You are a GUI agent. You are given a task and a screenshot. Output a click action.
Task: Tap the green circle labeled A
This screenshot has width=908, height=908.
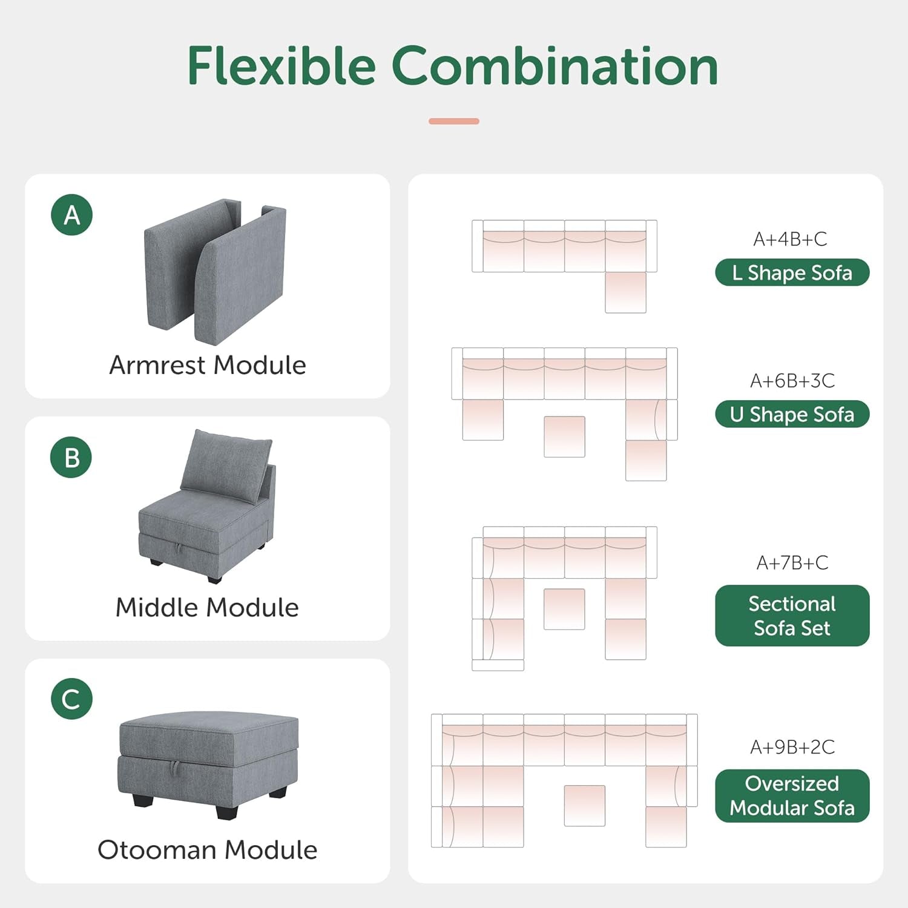pos(72,215)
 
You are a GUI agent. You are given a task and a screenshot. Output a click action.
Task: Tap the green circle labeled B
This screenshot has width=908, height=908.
pos(71,458)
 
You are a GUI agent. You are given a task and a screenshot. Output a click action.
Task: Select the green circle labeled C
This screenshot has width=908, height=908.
pos(71,699)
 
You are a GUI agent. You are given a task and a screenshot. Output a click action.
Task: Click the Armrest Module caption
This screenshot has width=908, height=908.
pos(208,365)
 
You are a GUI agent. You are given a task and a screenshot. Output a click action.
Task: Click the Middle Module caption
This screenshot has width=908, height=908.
pos(207,607)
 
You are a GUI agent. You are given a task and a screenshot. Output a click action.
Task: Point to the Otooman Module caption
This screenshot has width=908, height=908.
pos(207,849)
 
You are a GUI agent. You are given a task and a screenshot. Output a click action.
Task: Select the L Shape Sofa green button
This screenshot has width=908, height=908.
pos(792,272)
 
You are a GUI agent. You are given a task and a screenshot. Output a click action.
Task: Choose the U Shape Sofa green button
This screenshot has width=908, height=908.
pos(792,414)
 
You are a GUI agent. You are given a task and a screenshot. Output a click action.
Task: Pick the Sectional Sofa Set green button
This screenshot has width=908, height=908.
pos(792,616)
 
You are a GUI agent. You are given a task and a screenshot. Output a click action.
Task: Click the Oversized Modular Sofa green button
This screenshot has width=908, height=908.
pos(792,795)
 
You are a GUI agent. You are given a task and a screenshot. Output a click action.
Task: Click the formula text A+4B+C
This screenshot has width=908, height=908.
pos(790,239)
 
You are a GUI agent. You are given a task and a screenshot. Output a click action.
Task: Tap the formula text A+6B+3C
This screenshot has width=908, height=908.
pos(792,381)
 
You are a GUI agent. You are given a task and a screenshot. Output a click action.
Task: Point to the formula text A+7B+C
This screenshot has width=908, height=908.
pos(792,562)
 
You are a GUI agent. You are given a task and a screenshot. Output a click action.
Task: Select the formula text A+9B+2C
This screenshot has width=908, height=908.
pos(792,747)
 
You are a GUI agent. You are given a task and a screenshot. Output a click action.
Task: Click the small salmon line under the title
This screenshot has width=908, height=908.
pos(454,121)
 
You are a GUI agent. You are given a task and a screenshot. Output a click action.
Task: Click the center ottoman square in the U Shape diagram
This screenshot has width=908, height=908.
pos(564,436)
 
